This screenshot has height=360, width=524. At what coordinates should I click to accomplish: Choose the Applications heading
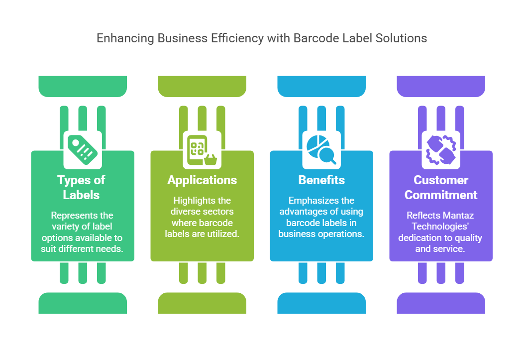click(x=202, y=180)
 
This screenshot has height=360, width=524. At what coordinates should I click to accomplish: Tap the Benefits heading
click(x=321, y=180)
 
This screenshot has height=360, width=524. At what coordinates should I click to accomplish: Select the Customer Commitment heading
click(x=441, y=187)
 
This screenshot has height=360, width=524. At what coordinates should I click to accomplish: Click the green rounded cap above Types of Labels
click(x=83, y=86)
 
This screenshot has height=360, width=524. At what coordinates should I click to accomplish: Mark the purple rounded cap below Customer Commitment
click(x=441, y=303)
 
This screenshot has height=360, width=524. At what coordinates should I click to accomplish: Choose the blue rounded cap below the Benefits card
click(x=321, y=303)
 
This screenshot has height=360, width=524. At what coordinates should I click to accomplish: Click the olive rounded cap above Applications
click(x=202, y=86)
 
